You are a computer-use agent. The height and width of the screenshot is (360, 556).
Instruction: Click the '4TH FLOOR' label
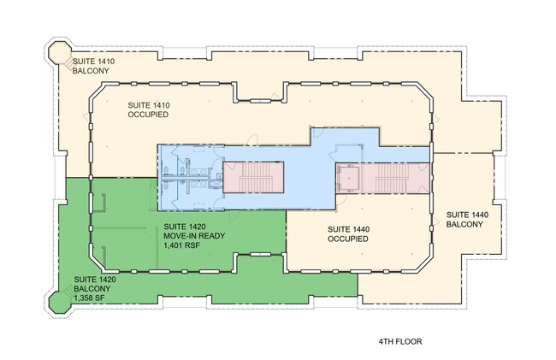pyautogui.click(x=400, y=341)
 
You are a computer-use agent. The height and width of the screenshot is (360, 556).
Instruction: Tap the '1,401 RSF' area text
pyautogui.click(x=181, y=245)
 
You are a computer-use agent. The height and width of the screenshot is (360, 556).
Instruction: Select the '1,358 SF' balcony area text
pyautogui.click(x=89, y=298)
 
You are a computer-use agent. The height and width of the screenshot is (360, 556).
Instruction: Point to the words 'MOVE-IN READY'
pyautogui.click(x=194, y=236)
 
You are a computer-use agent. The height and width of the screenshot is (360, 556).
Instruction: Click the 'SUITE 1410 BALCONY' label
pyautogui.click(x=93, y=66)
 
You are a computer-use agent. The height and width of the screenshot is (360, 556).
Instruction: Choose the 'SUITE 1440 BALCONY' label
pyautogui.click(x=467, y=219)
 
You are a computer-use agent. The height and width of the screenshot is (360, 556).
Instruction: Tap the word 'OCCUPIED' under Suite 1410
pyautogui.click(x=148, y=115)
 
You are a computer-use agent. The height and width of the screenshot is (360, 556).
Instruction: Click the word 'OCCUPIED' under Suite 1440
pyautogui.click(x=348, y=239)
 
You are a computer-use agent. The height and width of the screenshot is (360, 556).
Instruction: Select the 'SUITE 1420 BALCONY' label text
pyautogui.click(x=95, y=284)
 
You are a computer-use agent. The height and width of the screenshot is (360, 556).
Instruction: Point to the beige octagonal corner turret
pyautogui.click(x=59, y=52)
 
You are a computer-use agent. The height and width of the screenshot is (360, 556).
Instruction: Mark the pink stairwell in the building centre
pyautogui.click(x=253, y=177)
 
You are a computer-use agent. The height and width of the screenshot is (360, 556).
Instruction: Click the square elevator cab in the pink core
pyautogui.click(x=348, y=178)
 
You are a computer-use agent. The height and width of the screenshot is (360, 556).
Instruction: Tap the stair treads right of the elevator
pyautogui.click(x=391, y=177)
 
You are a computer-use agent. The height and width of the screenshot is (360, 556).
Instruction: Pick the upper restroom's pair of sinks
pyautogui.click(x=199, y=172)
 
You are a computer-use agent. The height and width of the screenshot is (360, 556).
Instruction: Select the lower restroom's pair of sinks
pyautogui.click(x=199, y=184)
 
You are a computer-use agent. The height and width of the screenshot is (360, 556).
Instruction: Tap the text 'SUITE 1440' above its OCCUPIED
pyautogui.click(x=348, y=229)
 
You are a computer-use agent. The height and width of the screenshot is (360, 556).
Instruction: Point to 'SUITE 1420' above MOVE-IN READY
pyautogui.click(x=185, y=227)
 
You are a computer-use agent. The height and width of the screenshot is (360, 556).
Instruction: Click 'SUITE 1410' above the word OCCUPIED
pyautogui.click(x=149, y=105)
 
